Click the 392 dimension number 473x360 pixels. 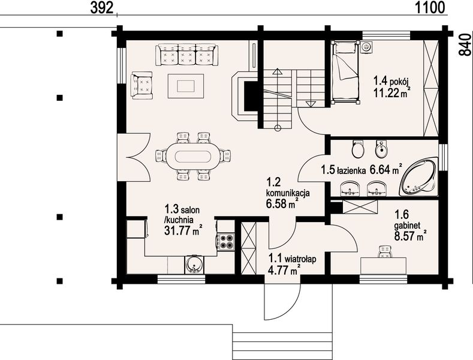pyautogui.click(x=102, y=8)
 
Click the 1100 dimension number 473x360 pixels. pyautogui.click(x=430, y=8)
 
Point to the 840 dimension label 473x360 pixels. pyautogui.click(x=465, y=44)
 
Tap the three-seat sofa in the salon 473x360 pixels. pyautogui.click(x=186, y=55)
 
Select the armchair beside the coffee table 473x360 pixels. pyautogui.click(x=141, y=85)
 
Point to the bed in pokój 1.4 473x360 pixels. pyautogui.click(x=345, y=73)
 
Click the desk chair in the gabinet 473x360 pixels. pyautogui.click(x=385, y=252)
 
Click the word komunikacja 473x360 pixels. pyautogui.click(x=288, y=193)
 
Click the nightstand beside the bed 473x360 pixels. pyautogui.click(x=366, y=47)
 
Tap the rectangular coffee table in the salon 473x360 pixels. pyautogui.click(x=186, y=86)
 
